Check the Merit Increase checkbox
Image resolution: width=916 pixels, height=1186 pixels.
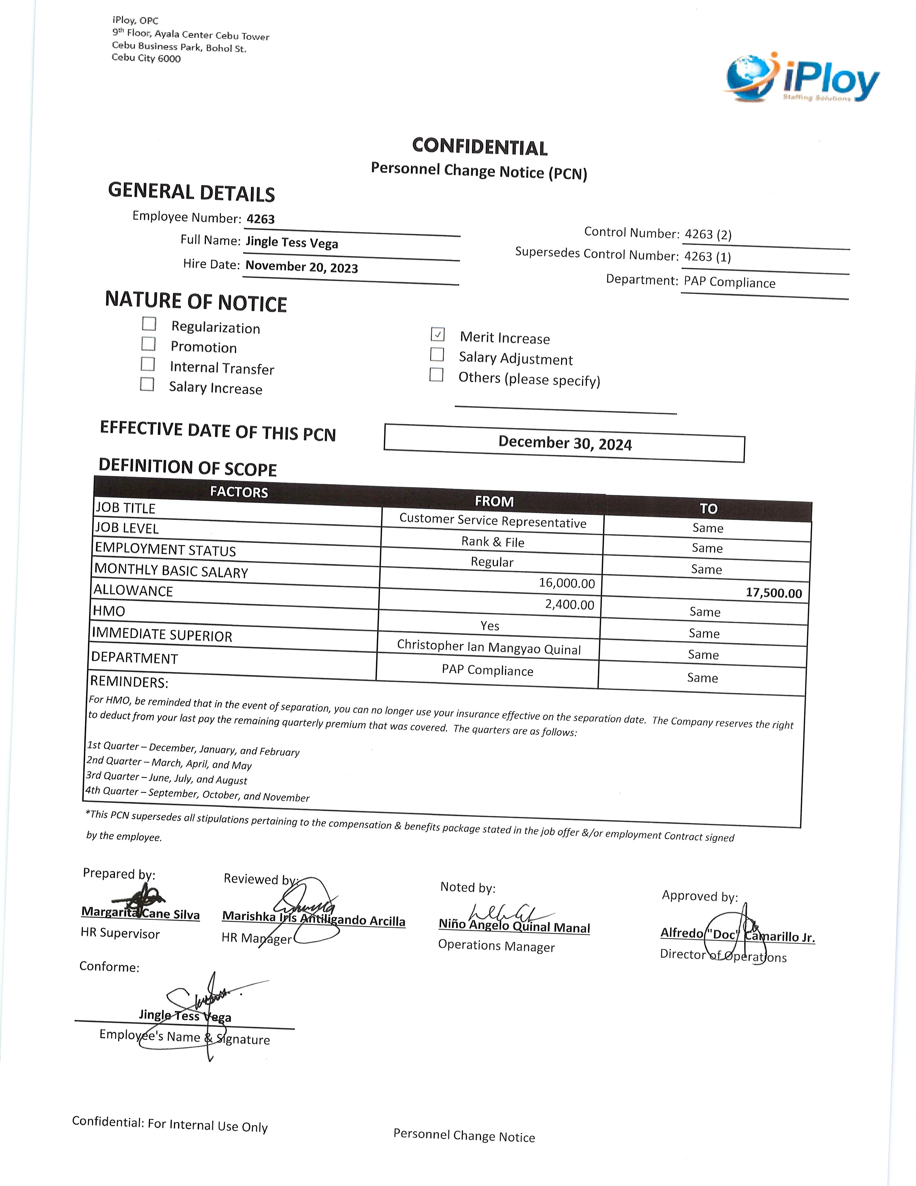coord(438,335)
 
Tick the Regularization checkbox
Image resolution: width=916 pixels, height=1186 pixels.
coord(149,324)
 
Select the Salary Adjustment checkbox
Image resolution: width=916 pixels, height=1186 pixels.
coord(437,355)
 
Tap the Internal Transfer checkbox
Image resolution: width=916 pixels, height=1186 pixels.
coord(148,364)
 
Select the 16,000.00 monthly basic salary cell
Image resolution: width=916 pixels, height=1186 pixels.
coord(566,583)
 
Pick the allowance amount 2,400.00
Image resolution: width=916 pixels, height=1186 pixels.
coord(569,605)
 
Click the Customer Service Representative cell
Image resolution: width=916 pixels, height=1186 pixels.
coord(493,520)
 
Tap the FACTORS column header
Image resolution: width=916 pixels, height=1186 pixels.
coord(239,492)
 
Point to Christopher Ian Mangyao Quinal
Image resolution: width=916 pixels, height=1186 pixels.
coord(489,647)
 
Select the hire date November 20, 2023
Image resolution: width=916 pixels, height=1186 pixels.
coord(302,267)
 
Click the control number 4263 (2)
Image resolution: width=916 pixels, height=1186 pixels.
coord(708,235)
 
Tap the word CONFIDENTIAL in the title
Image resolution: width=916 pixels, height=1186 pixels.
coord(480,147)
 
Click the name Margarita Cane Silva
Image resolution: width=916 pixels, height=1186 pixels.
coord(140,913)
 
